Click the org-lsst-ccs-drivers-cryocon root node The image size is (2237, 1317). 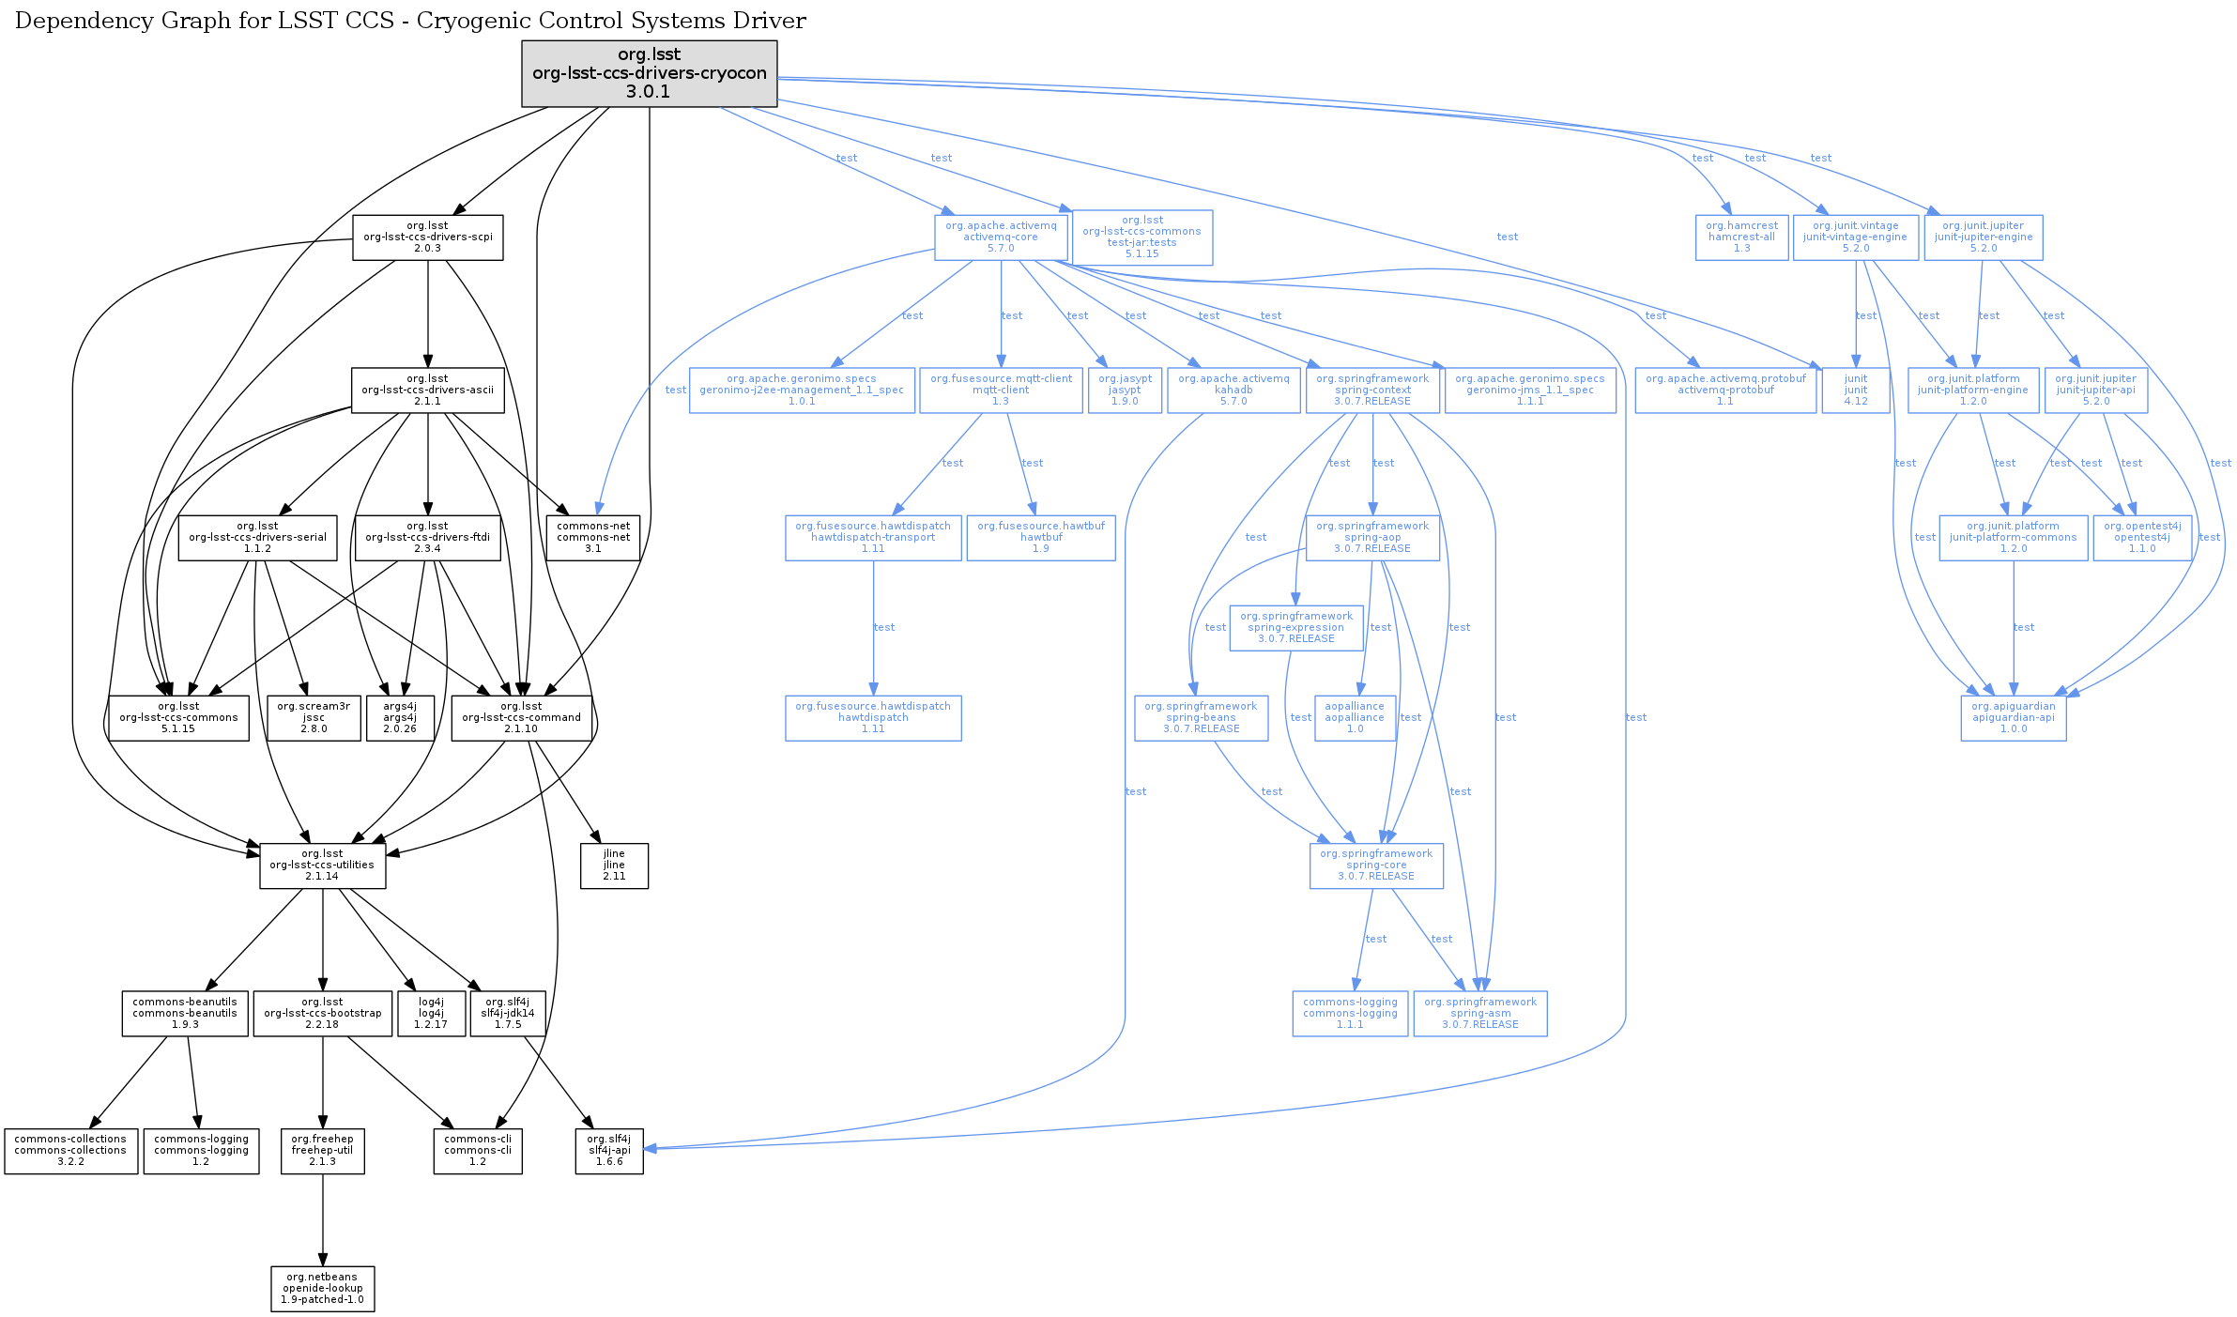coord(649,73)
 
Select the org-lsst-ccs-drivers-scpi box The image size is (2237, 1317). coord(427,237)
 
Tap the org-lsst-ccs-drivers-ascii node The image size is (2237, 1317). coord(427,390)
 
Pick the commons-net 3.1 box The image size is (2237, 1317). coord(593,537)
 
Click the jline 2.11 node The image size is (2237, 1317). coord(614,865)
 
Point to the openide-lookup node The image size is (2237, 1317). coord(322,1289)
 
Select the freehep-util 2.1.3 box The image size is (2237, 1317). coord(322,1151)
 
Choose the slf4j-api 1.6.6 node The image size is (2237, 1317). coord(609,1151)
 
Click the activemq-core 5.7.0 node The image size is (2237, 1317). coord(1001,237)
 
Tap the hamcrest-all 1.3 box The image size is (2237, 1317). coord(1741,237)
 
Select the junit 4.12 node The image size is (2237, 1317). coord(1855,390)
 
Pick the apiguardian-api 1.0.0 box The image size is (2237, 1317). coord(2013,718)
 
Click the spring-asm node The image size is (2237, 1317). coord(1480,1014)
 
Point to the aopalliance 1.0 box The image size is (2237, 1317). coord(1355,718)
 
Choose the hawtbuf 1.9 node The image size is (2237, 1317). coord(1041,538)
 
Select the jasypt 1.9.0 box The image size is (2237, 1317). coord(1125,390)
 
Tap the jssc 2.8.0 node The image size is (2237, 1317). coord(314,718)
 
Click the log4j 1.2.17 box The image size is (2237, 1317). coord(431,1014)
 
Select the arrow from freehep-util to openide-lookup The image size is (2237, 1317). coord(323,1219)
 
